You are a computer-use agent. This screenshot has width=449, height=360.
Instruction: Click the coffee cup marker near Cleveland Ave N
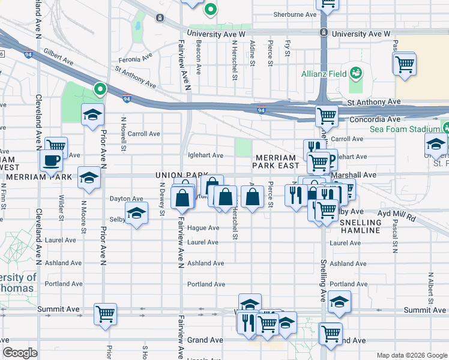(52, 160)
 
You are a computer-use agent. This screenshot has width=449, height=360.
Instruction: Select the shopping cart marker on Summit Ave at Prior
(105, 314)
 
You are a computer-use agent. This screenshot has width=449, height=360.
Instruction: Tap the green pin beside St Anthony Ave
(100, 90)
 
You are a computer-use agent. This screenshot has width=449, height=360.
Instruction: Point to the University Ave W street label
(217, 34)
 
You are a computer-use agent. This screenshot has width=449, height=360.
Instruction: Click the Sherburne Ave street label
(294, 14)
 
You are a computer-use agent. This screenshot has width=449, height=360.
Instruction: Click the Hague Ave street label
(203, 228)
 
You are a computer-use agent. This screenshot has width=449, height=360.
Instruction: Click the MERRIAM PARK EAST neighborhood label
(276, 160)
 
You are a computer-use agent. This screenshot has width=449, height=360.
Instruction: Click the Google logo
(20, 353)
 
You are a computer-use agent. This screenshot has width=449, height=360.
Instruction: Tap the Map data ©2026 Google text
(411, 355)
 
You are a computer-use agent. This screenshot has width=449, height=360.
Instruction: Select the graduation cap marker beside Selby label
(137, 214)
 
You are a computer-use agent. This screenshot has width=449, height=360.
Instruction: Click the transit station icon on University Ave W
(324, 32)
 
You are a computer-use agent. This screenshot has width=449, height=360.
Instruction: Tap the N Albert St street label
(430, 287)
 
